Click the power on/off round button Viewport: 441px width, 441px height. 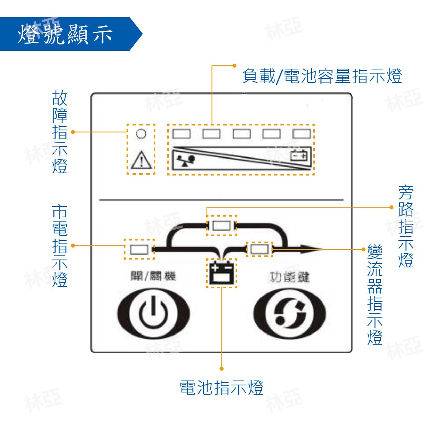pos(153,313)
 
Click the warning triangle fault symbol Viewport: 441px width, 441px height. pos(141,160)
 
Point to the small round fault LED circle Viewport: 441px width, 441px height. pos(141,133)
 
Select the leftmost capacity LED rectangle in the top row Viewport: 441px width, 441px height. pos(181,134)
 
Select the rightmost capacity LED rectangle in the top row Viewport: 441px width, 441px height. pos(302,134)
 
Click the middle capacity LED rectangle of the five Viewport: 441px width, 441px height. pos(242,134)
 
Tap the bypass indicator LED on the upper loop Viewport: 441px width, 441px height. pos(222,226)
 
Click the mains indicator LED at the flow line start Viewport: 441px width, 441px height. pos(139,249)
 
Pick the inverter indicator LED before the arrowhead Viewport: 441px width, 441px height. pos(259,249)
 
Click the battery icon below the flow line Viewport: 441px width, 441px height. pos(222,273)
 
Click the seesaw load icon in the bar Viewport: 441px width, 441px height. pos(186,160)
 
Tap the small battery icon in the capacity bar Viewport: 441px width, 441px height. pos(300,155)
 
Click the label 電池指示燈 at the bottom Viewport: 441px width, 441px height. pos(221,388)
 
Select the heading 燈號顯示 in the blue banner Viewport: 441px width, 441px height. pos(65,34)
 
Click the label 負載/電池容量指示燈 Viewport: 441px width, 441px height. pos(322,76)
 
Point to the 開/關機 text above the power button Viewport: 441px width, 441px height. pos(153,276)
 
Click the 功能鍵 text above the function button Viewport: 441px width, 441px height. pos(290,277)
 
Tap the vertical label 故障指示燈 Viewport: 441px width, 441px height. pos(60,132)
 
